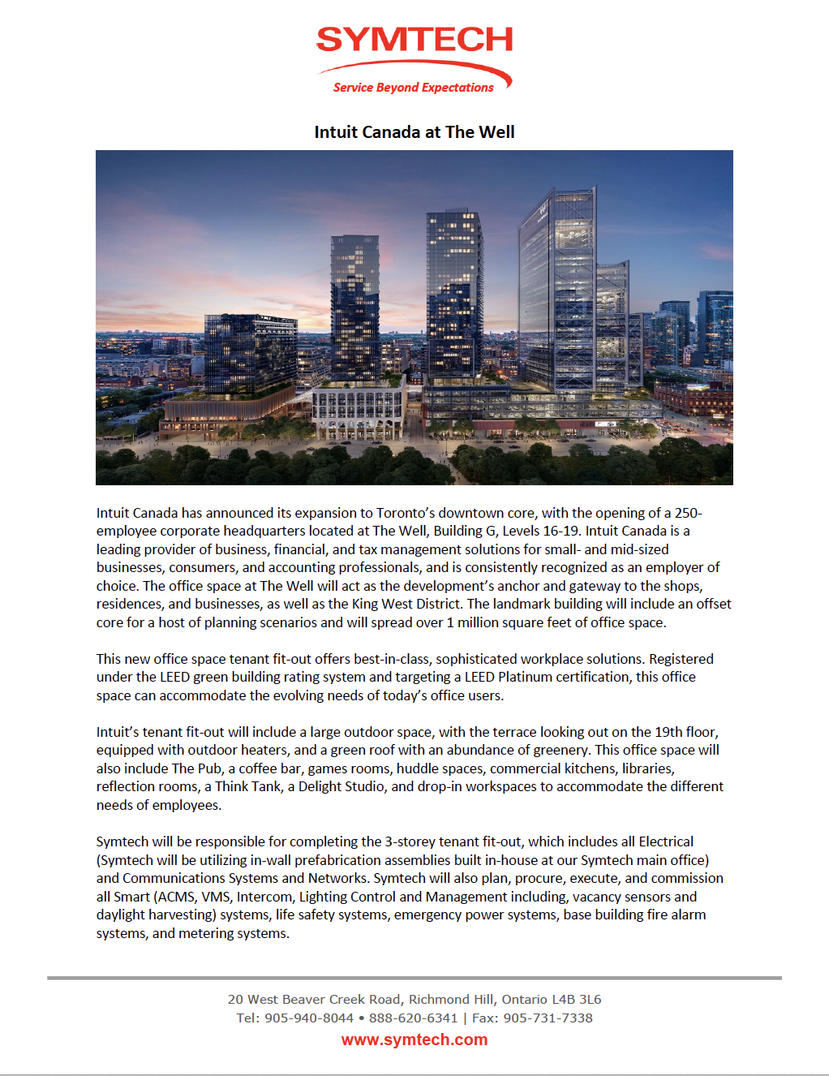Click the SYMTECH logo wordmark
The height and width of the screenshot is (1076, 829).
click(x=414, y=39)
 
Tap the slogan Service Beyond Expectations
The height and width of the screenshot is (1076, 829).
click(x=413, y=88)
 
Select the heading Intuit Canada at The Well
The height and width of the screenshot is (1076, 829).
click(x=414, y=132)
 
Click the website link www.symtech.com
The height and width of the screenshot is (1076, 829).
click(x=414, y=1039)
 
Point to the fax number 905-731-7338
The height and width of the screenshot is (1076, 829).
click(x=548, y=1018)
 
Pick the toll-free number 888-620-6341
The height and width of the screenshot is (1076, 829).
click(x=413, y=1018)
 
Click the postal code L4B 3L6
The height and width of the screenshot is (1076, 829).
click(x=576, y=999)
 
